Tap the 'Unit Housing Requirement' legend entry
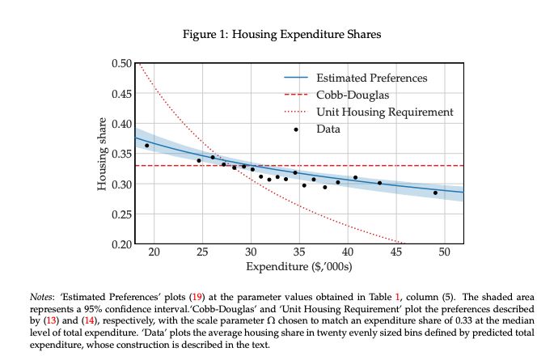[x=384, y=112]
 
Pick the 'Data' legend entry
[x=328, y=129]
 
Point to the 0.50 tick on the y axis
[x=120, y=63]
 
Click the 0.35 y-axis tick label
[x=120, y=154]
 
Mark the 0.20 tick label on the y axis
[x=120, y=244]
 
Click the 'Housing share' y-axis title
[x=103, y=154]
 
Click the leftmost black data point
[x=146, y=146]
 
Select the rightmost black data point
[x=435, y=193]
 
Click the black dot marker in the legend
[x=296, y=129]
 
